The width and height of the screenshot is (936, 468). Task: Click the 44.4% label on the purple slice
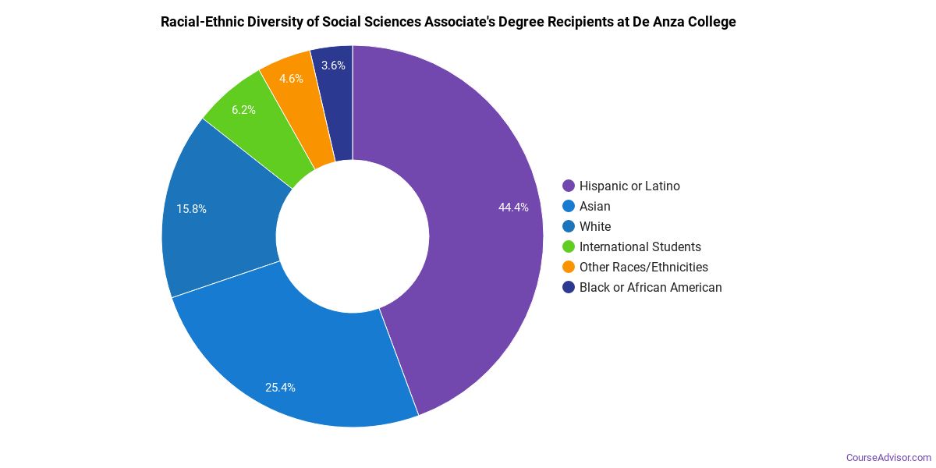(513, 207)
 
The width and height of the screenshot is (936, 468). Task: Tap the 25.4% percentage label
(280, 388)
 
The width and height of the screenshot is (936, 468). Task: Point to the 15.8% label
(191, 209)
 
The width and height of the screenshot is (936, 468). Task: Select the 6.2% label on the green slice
(243, 110)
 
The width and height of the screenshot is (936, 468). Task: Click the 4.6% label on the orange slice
(291, 79)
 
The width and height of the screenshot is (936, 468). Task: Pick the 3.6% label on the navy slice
(333, 66)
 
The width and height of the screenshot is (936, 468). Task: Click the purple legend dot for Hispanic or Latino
(569, 186)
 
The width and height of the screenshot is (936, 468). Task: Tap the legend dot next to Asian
(569, 206)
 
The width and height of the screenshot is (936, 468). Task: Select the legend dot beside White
(569, 226)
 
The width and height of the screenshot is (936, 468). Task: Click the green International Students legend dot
(569, 246)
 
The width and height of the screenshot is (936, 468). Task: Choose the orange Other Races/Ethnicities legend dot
(569, 267)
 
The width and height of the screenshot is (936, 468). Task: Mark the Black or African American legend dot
(569, 287)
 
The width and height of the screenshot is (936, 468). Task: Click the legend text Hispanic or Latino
(629, 186)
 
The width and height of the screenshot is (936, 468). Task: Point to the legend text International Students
(640, 246)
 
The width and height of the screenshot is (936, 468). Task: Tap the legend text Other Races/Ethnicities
(643, 267)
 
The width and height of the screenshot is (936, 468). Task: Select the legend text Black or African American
(651, 287)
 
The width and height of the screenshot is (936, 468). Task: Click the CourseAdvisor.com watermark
(888, 457)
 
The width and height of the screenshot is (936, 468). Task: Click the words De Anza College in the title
(687, 22)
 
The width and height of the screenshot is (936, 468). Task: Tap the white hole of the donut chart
(353, 236)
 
